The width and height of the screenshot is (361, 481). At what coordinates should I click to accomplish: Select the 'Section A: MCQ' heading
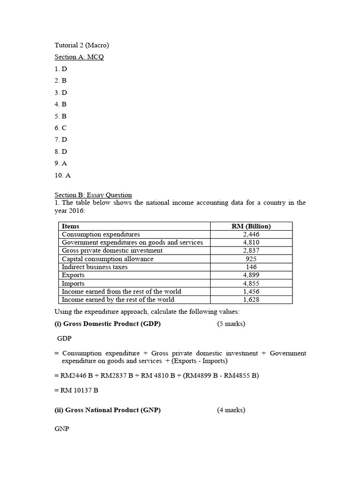[79, 57]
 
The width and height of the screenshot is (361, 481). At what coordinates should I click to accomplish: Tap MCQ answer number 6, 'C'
[61, 128]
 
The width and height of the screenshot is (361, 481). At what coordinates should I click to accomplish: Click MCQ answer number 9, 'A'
[61, 163]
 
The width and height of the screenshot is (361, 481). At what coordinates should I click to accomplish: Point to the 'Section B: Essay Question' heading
[93, 195]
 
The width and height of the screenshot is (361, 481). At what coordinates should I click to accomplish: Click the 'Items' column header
[71, 226]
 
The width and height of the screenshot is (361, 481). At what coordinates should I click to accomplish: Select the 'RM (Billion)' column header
[251, 226]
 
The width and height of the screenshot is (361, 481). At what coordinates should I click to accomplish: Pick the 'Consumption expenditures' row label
[101, 234]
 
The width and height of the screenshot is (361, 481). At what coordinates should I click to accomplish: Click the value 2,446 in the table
[251, 234]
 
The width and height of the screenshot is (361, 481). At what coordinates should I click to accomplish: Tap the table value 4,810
[251, 242]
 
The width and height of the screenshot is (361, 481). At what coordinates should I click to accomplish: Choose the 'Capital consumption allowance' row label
[107, 259]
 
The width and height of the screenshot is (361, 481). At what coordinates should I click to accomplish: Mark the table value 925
[251, 259]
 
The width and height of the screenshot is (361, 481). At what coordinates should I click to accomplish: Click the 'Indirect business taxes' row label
[94, 267]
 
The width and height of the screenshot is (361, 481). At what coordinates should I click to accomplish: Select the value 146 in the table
[251, 267]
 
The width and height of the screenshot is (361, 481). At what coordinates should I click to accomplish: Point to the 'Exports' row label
[73, 275]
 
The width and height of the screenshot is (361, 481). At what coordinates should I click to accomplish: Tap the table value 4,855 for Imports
[251, 283]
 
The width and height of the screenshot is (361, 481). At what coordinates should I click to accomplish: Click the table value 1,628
[251, 300]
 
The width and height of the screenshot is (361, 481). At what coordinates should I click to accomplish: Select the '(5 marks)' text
[231, 324]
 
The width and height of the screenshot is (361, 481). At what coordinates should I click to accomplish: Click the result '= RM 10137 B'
[76, 390]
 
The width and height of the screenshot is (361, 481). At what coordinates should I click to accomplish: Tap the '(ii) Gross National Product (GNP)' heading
[108, 410]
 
